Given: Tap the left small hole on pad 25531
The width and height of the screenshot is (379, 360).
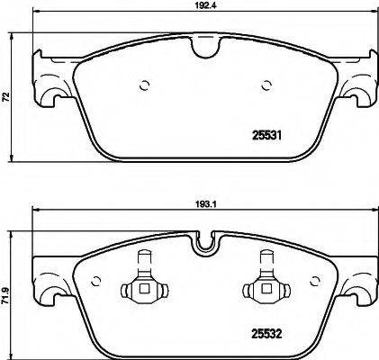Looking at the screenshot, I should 143,87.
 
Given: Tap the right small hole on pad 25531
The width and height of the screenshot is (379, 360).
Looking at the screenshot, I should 266,87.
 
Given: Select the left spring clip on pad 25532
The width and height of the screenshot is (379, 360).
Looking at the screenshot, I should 140,284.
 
